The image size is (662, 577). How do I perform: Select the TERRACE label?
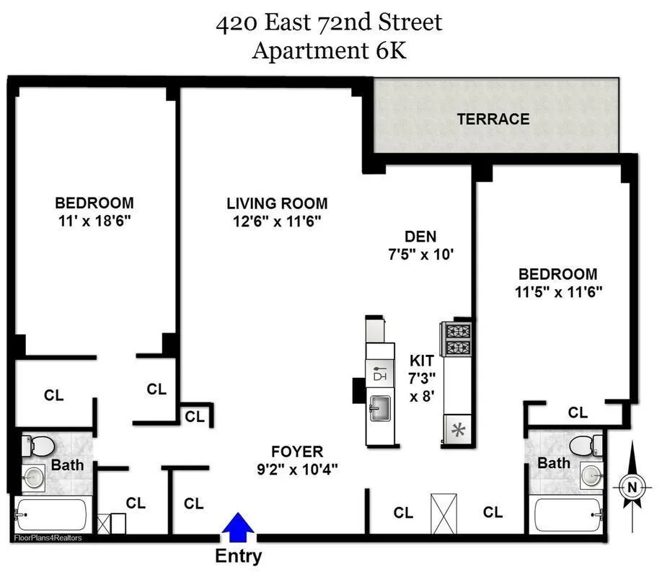493,119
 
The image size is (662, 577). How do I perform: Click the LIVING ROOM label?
277,203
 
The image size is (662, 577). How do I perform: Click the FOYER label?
297,452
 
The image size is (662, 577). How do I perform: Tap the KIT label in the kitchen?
421,360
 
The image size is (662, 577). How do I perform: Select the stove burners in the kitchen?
456,340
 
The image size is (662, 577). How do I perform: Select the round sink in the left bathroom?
31,477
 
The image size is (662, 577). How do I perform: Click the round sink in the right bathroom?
591,475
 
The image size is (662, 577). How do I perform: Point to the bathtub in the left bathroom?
50,514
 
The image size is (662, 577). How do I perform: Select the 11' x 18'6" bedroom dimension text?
94,220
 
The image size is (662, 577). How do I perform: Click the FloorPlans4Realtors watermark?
48,538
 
